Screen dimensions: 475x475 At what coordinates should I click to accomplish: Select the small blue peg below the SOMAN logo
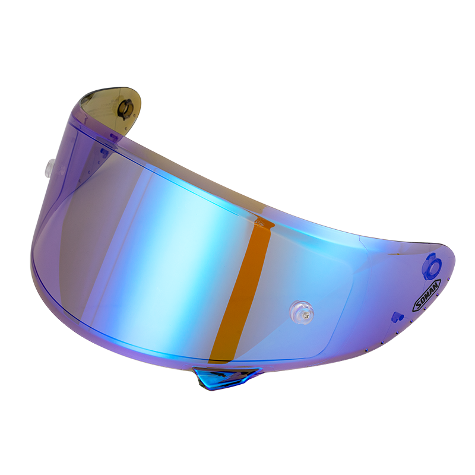click(397, 317)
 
